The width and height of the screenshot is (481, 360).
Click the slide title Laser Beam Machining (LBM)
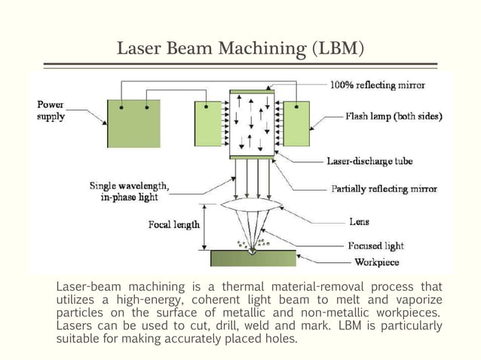(240, 50)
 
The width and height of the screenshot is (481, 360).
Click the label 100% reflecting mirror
(377, 85)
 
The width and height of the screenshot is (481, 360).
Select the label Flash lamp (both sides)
(394, 117)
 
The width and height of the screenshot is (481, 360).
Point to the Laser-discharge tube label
(369, 160)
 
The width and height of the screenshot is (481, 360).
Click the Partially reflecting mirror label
(384, 190)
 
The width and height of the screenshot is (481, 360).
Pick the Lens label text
(359, 222)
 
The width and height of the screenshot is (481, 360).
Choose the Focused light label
(375, 246)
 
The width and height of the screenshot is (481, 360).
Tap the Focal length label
(174, 224)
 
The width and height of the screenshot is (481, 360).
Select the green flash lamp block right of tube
(296, 123)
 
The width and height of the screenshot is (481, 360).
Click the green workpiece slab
(253, 258)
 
